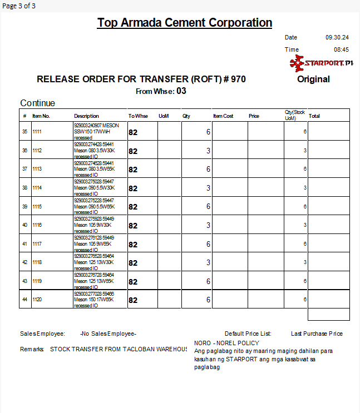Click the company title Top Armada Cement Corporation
(185, 23)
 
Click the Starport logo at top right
(322, 63)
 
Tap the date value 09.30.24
(337, 37)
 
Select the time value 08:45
(341, 49)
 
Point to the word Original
(313, 79)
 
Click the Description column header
(86, 116)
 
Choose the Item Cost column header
(223, 116)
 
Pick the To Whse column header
(138, 116)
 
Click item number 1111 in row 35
(37, 132)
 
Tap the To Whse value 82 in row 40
(133, 226)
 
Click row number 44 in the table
(24, 300)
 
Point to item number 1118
(37, 262)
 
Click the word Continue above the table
(38, 103)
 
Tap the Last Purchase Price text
(317, 334)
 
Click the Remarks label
(32, 349)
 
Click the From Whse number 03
(181, 91)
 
